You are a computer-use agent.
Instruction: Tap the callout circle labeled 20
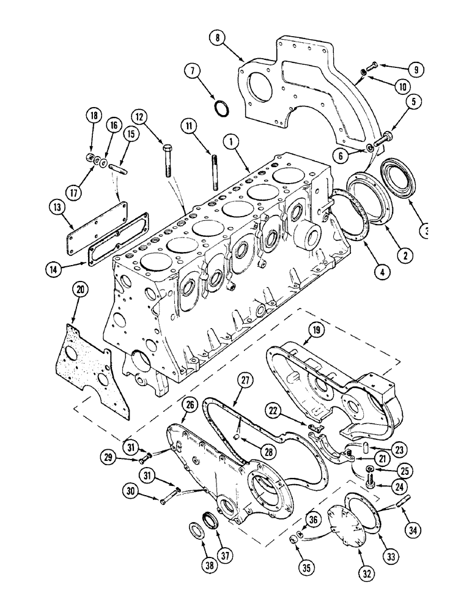click(79, 289)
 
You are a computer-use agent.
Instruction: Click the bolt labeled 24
click(369, 483)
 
